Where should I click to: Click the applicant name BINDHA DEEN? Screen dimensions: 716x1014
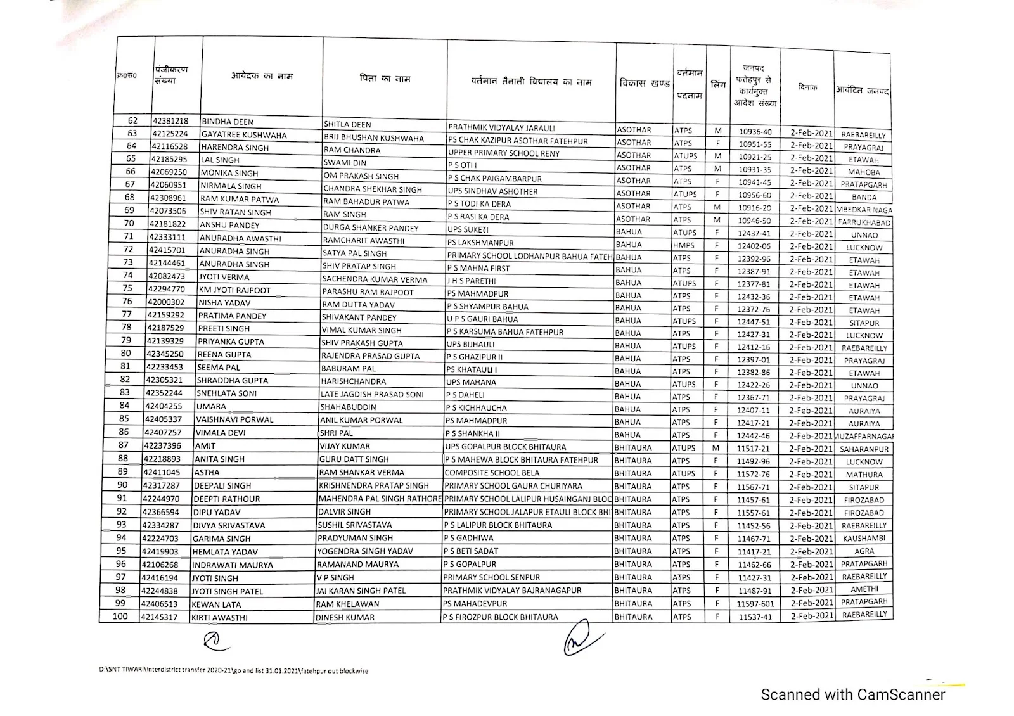point(228,122)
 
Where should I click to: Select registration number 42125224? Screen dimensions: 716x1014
point(169,134)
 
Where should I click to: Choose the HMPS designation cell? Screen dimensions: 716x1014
point(684,245)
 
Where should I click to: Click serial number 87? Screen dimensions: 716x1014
point(123,445)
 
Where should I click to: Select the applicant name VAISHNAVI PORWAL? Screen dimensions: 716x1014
point(234,419)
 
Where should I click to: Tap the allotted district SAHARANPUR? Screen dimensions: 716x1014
point(864,449)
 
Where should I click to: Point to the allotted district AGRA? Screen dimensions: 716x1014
point(864,551)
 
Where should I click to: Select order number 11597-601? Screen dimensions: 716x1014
point(755,604)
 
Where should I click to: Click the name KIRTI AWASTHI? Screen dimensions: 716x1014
point(220,618)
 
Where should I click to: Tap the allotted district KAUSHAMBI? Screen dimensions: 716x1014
point(864,539)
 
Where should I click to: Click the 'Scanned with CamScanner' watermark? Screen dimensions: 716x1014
point(852,694)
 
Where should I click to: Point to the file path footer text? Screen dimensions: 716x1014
point(233,670)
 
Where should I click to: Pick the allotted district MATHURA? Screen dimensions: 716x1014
point(864,475)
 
